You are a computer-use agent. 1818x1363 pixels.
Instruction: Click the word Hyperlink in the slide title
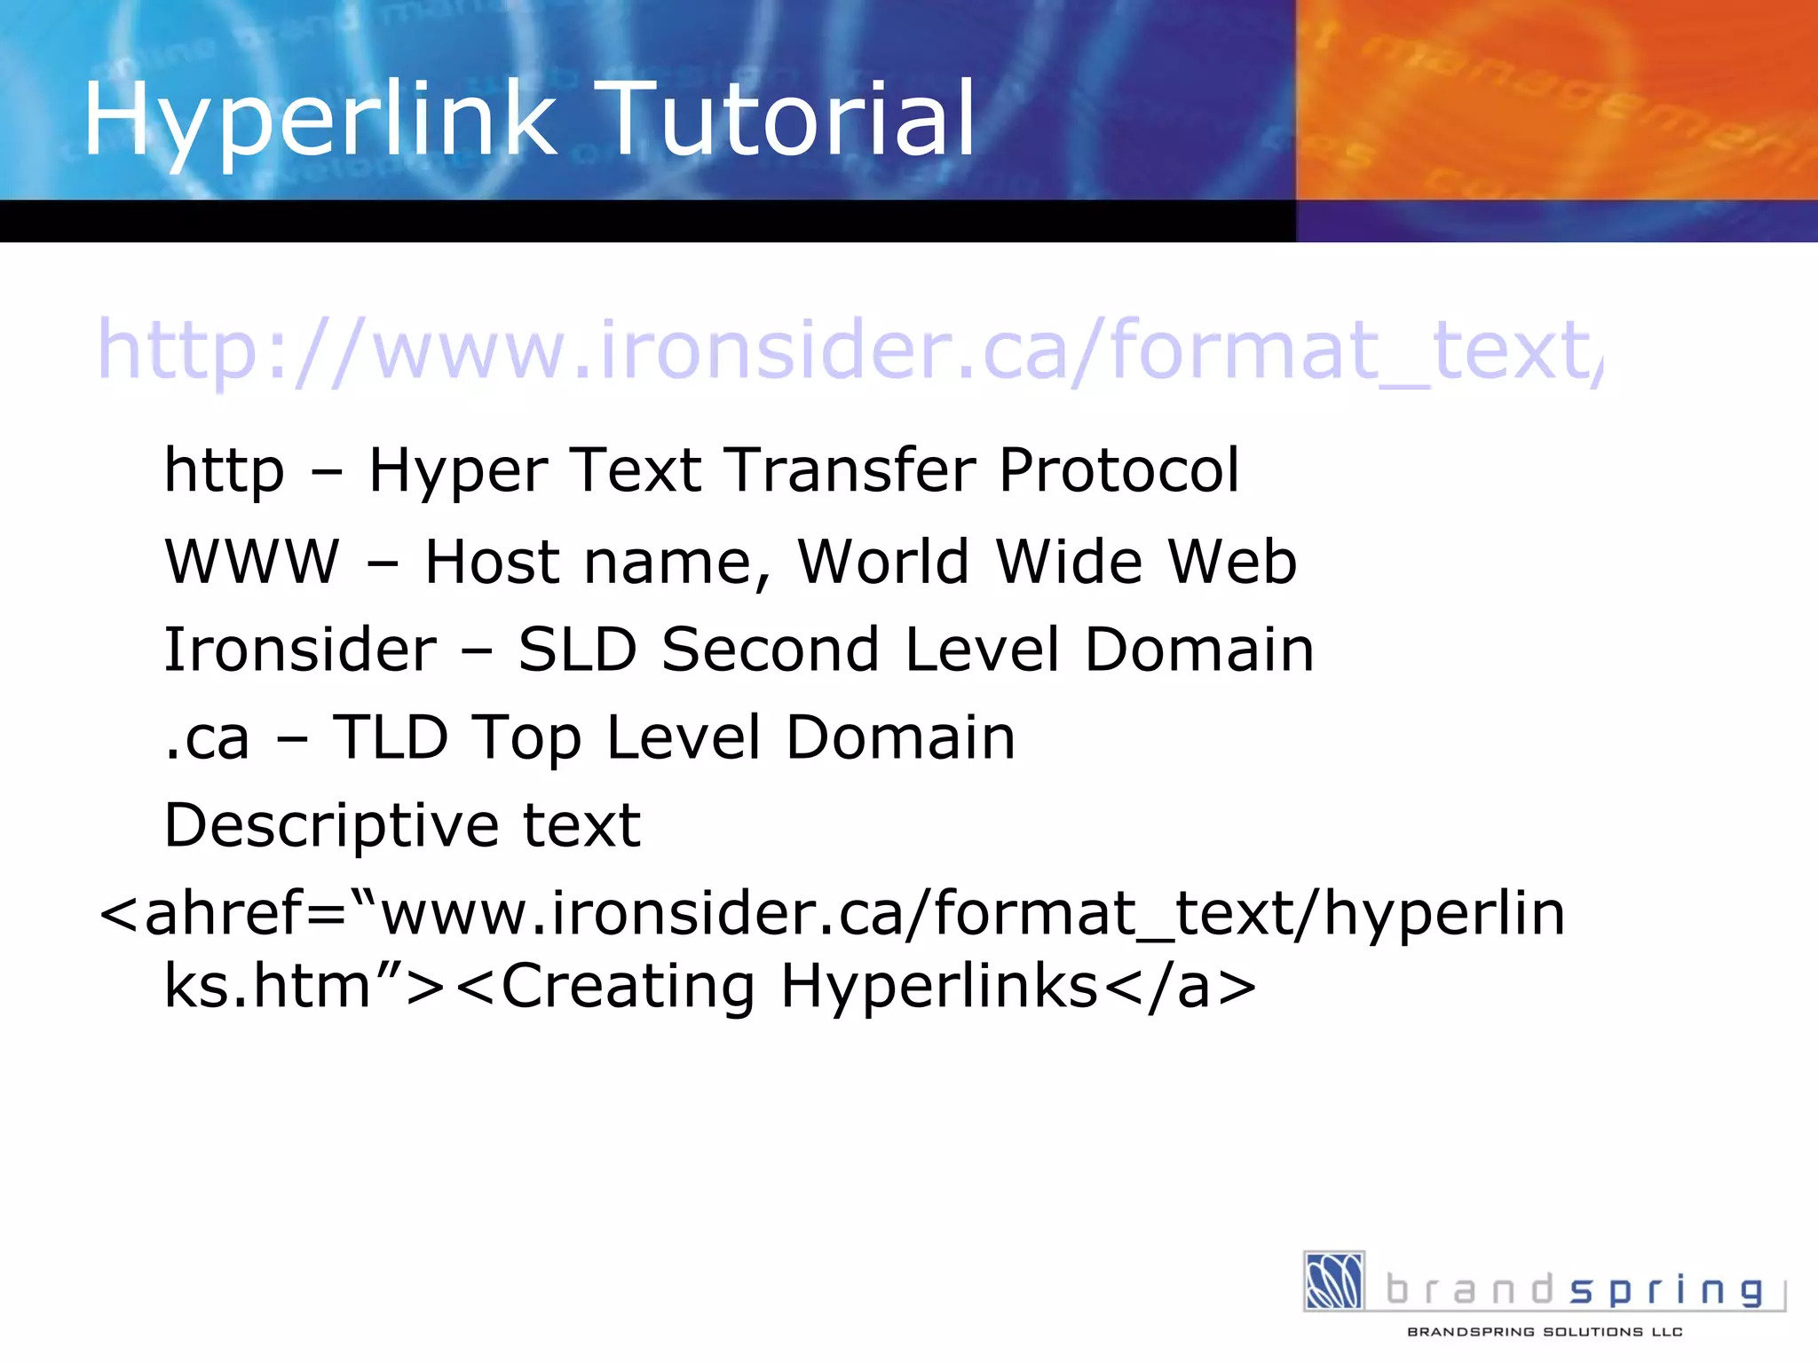(x=320, y=120)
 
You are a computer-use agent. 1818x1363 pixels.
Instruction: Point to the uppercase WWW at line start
(x=252, y=562)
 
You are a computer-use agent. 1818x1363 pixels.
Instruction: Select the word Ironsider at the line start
(x=300, y=650)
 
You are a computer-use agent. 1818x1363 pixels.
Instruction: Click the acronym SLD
(x=577, y=650)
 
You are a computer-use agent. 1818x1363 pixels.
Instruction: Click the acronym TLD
(x=391, y=737)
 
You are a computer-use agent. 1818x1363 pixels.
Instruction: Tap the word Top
(x=527, y=739)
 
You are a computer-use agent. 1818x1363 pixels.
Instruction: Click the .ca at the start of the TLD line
(x=207, y=739)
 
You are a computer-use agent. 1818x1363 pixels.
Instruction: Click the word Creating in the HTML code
(x=628, y=987)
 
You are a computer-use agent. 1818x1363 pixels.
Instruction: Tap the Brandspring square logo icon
(x=1333, y=1280)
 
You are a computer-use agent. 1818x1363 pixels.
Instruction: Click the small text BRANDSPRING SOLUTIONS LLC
(x=1545, y=1332)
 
